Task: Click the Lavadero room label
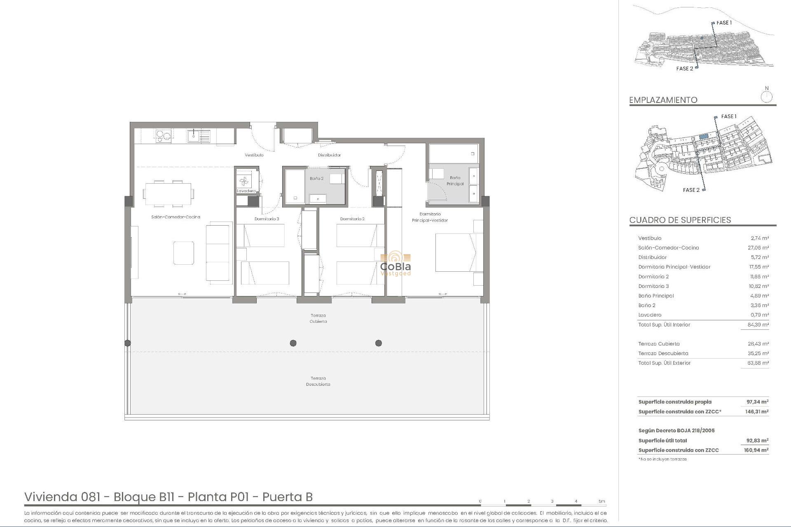pos(246,191)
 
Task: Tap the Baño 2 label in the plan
pos(316,179)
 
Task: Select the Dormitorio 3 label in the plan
pos(267,219)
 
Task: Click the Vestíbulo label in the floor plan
pos(254,155)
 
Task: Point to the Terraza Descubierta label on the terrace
pos(318,381)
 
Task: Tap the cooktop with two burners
pos(163,135)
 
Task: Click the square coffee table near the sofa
pos(184,253)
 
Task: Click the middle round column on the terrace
pos(293,343)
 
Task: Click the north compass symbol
pos(766,97)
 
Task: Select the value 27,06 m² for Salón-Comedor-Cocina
pos(758,248)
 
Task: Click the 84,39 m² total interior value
pos(758,325)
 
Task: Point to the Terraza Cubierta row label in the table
pos(659,344)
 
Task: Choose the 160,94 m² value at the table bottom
pos(757,450)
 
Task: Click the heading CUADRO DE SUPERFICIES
pos(680,220)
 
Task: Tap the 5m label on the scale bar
pos(601,501)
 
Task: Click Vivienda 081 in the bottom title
pos(62,497)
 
